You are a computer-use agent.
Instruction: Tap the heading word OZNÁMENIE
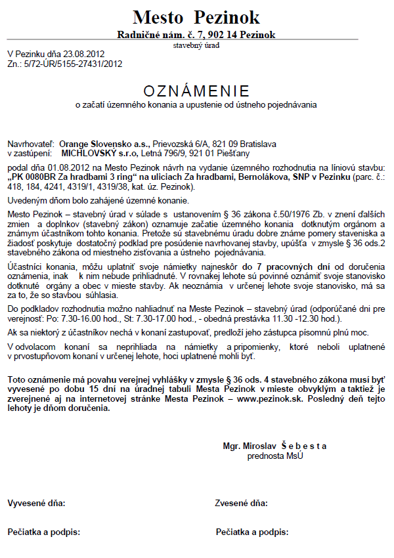click(196, 90)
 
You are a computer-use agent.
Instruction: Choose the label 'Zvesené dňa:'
click(241, 504)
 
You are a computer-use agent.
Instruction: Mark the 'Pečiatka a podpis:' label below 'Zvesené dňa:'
click(252, 531)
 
